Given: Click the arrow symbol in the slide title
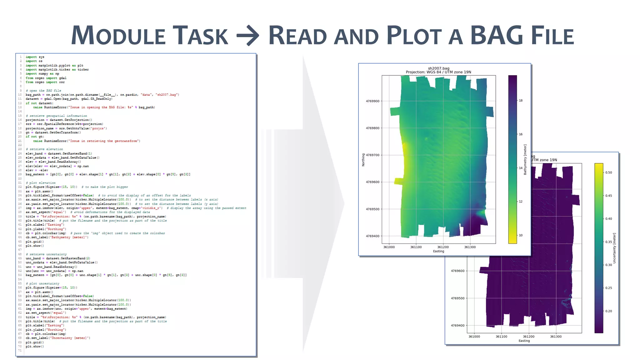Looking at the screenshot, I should click(x=248, y=35).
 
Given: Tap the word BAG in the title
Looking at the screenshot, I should click(x=497, y=35).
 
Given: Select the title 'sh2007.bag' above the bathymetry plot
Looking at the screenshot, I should click(x=438, y=68).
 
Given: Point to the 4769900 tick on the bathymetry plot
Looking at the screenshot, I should click(x=372, y=101).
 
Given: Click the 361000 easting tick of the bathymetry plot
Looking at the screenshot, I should click(x=389, y=247).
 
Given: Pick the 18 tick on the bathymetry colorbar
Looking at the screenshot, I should click(x=521, y=101).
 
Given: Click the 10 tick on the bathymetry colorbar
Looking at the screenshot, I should click(x=521, y=235).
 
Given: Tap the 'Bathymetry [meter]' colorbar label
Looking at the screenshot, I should click(x=525, y=159).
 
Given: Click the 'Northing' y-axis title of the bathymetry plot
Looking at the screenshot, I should click(x=363, y=160).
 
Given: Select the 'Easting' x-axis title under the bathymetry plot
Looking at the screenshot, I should click(x=438, y=251).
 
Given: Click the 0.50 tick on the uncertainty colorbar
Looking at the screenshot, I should click(x=609, y=172).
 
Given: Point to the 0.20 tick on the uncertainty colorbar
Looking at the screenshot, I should click(x=609, y=311).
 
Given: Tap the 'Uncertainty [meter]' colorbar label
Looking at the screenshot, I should click(x=614, y=248).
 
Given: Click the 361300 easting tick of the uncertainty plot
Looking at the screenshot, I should click(x=556, y=337).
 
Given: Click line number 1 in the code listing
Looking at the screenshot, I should click(x=21, y=57).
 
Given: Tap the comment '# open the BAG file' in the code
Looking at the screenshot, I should click(x=43, y=91).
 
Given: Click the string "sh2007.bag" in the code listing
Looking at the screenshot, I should click(x=167, y=95).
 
